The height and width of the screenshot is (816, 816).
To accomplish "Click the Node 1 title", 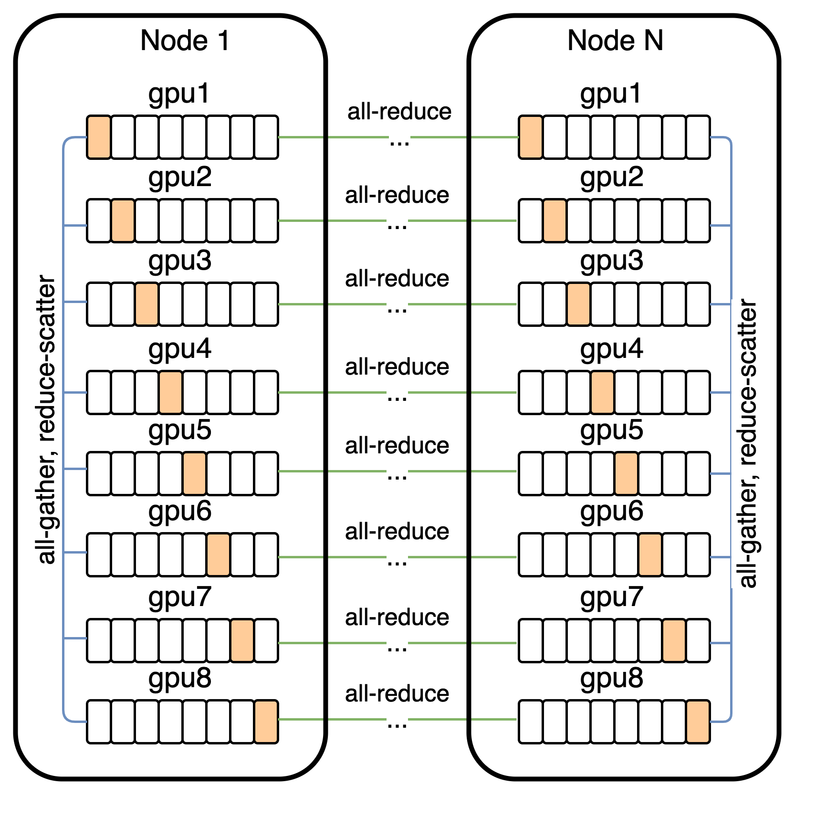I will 185,41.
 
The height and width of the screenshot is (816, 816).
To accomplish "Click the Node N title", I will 615,41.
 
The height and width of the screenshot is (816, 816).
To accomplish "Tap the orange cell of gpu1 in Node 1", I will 99,137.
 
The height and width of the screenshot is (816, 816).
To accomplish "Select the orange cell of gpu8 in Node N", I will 698,722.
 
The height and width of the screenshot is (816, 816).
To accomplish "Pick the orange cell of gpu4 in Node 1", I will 171,393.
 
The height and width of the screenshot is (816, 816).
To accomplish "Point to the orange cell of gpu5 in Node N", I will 626,474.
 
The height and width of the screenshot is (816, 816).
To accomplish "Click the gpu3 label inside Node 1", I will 180,262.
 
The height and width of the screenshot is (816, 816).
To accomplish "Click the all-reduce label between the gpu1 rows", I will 399,112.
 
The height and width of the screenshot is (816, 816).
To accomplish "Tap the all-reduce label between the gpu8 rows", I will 397,694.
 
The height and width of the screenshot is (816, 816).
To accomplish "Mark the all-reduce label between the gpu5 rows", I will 397,446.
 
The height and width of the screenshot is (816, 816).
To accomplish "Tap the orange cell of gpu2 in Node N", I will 554,221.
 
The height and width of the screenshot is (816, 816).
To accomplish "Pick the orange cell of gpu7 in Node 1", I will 242,641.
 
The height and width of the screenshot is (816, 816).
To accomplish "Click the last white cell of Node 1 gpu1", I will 266,137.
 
